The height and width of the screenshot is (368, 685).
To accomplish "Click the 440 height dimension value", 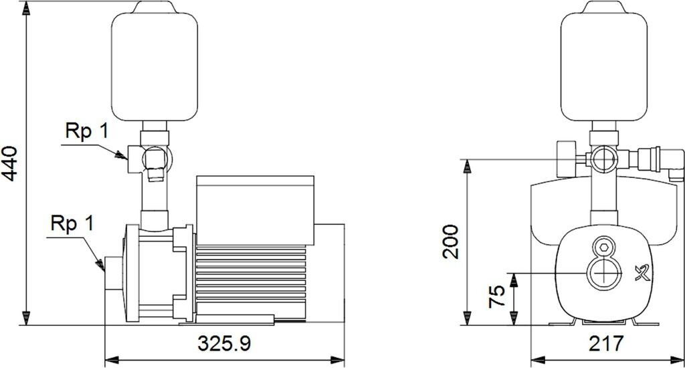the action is (x=9, y=163).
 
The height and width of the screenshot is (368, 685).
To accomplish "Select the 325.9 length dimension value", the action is (x=225, y=343).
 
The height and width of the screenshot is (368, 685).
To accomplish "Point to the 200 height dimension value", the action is (x=451, y=242).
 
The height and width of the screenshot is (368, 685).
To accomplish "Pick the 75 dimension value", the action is (x=497, y=297).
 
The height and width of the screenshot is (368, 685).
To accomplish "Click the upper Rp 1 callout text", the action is (x=86, y=131).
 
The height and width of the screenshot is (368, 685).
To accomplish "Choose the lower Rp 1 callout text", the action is (x=72, y=223).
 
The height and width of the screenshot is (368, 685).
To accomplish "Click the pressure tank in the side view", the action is (x=155, y=61).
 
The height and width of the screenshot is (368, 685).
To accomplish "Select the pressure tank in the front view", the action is (x=604, y=61).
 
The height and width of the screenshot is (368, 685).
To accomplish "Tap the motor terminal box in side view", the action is (x=255, y=210).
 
